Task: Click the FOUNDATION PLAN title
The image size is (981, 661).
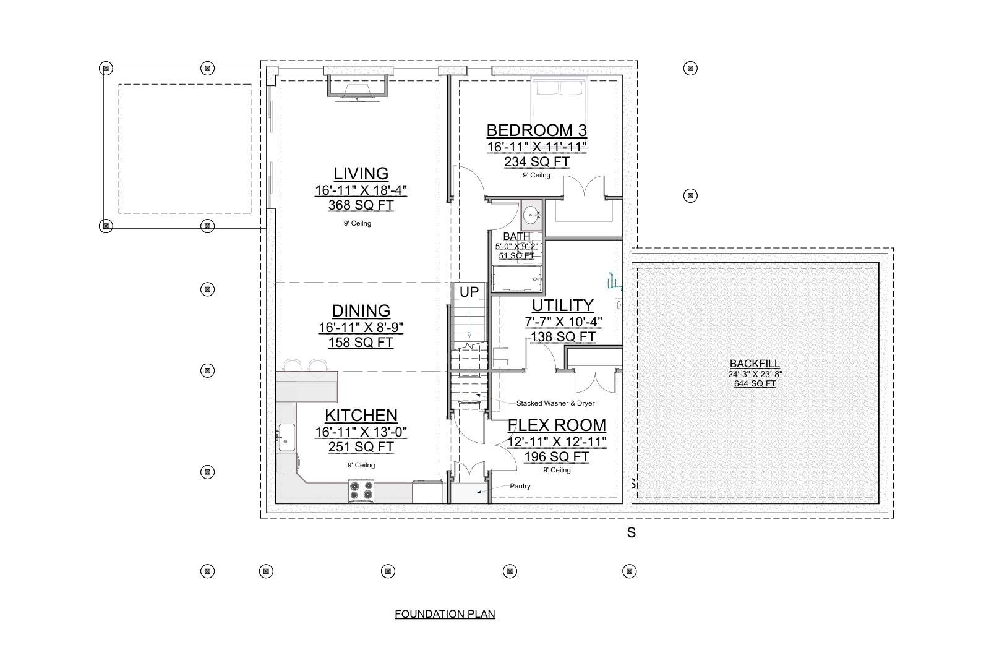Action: [x=445, y=614]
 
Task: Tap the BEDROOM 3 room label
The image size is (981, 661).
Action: [x=536, y=130]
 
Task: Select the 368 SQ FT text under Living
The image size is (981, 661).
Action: [x=361, y=205]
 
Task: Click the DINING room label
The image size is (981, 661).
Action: [x=361, y=311]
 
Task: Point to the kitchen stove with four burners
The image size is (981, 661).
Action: [x=361, y=490]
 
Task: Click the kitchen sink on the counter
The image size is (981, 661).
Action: [x=286, y=437]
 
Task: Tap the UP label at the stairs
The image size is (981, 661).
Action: [x=469, y=292]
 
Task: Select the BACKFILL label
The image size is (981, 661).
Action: [x=755, y=364]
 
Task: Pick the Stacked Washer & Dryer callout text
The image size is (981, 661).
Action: [x=555, y=403]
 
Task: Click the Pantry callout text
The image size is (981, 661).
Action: [x=520, y=486]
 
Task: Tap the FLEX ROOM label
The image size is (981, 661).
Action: [x=557, y=425]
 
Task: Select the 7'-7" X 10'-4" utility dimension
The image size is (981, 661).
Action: [x=562, y=322]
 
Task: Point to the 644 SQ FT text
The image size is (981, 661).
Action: [x=755, y=383]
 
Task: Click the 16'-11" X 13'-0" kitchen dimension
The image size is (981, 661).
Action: [x=361, y=432]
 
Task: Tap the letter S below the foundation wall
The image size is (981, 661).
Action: [x=631, y=532]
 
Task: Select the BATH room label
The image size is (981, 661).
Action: [x=516, y=236]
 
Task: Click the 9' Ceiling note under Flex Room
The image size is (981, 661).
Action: [x=557, y=470]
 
